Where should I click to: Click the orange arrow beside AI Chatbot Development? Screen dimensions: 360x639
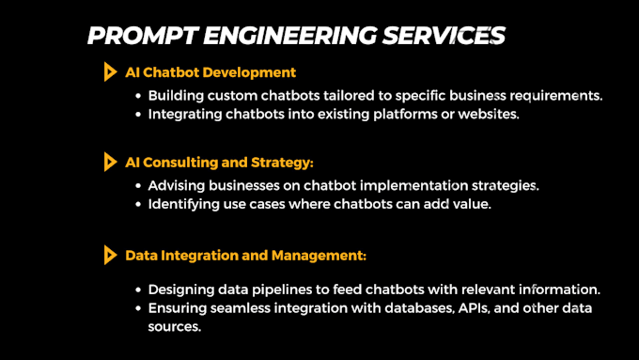[110, 71]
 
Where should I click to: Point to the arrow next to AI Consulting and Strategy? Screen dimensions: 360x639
[110, 162]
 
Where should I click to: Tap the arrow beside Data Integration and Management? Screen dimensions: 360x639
[110, 254]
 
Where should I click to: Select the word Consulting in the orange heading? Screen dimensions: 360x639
[179, 163]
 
